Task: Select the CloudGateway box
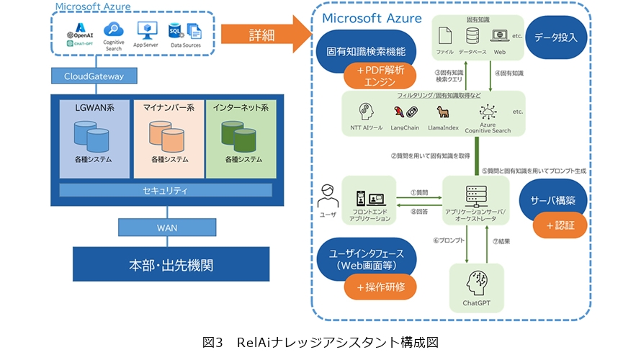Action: click(x=94, y=75)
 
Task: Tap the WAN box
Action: click(x=166, y=228)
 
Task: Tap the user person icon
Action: click(x=328, y=194)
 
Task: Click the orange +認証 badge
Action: click(x=560, y=226)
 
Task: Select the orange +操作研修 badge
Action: click(x=380, y=287)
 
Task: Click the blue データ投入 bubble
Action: click(x=555, y=36)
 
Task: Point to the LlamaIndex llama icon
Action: click(x=443, y=112)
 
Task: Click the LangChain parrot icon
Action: click(x=403, y=112)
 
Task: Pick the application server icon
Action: click(x=474, y=194)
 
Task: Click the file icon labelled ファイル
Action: click(x=445, y=35)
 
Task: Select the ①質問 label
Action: click(x=419, y=192)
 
